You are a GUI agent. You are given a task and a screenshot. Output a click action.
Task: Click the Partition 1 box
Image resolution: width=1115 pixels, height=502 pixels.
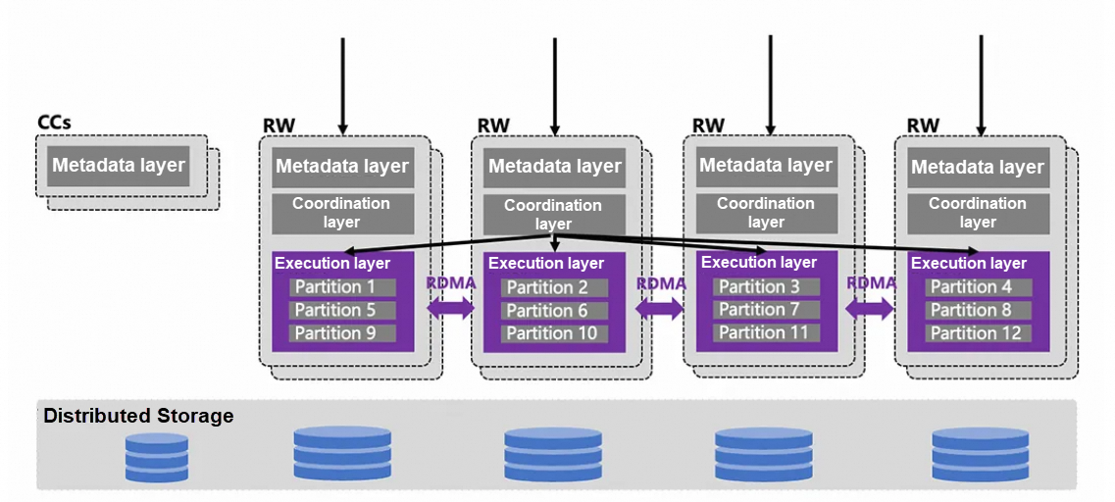(x=342, y=287)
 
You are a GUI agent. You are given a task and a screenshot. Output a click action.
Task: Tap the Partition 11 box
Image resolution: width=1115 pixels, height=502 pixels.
(x=766, y=332)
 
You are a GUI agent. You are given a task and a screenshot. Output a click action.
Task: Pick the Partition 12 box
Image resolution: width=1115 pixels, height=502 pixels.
(x=978, y=333)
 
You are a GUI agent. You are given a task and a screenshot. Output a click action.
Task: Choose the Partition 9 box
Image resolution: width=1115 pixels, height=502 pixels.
(x=342, y=333)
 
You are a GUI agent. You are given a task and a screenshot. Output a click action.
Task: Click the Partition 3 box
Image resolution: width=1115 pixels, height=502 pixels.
(x=766, y=286)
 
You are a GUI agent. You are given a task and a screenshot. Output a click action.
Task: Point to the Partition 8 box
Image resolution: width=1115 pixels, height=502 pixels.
(x=978, y=311)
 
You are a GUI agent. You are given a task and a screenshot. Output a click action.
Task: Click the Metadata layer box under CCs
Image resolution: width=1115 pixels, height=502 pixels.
(x=119, y=165)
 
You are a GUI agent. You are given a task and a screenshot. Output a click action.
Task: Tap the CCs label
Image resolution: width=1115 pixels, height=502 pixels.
(x=54, y=123)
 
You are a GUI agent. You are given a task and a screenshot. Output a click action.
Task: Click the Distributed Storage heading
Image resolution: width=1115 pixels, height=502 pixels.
(x=138, y=416)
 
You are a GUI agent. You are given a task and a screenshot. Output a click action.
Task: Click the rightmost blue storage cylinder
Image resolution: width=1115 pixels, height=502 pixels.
(x=980, y=454)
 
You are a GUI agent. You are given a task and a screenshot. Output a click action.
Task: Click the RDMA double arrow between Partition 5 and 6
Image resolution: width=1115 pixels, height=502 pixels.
(x=450, y=308)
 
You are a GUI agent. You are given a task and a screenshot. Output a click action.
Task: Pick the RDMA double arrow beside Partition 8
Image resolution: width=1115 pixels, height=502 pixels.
(x=871, y=309)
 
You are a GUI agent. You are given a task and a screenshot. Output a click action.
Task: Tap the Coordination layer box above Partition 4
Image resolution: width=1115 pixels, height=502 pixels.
(x=977, y=213)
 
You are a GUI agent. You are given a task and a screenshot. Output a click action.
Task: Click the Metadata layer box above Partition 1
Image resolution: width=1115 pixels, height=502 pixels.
(x=341, y=167)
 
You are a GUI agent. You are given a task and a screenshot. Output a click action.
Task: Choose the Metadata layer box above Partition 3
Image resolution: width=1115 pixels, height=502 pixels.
(x=765, y=165)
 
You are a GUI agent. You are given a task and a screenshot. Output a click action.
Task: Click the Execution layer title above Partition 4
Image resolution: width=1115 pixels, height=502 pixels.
(x=969, y=263)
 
